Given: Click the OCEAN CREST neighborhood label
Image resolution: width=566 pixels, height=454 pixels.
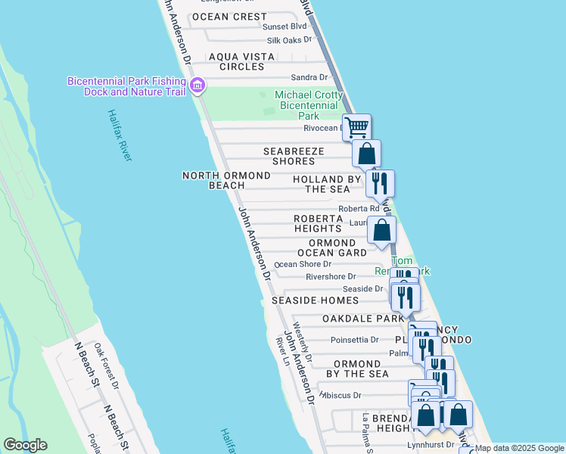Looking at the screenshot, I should tap(229, 17).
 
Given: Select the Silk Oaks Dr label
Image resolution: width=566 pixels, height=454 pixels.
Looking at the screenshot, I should tap(289, 40).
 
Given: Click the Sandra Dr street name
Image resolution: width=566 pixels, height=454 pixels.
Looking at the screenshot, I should tap(309, 77).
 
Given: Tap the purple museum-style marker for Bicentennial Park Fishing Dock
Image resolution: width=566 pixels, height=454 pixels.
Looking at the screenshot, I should tap(197, 86).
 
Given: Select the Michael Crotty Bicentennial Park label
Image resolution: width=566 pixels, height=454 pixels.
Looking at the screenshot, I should tap(309, 105).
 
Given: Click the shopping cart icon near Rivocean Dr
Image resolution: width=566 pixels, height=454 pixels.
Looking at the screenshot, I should tap(356, 126).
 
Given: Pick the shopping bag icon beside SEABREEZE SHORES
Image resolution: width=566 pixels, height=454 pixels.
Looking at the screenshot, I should tap(366, 154).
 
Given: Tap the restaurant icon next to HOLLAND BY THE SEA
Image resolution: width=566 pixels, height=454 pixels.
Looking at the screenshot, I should tap(380, 182).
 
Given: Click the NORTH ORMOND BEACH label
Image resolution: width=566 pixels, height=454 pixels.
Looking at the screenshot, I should tap(226, 180).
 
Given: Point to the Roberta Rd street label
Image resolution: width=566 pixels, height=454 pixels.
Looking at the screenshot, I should tap(359, 209).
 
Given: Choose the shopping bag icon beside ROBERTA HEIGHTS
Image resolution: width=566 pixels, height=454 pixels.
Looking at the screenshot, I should tap(382, 229).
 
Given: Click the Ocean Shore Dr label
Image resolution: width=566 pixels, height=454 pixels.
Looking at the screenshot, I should tap(303, 264).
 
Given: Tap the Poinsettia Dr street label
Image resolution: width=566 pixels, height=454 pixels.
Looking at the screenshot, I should tap(353, 340).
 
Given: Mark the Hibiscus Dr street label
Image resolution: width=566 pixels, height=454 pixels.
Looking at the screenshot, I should tap(342, 395).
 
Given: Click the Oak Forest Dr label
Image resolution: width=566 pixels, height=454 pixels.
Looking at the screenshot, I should tap(107, 366).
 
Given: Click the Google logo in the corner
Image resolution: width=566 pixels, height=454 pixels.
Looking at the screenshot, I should tap(25, 445).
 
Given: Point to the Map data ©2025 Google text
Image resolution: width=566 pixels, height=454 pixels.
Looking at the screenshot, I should tap(519, 448).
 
